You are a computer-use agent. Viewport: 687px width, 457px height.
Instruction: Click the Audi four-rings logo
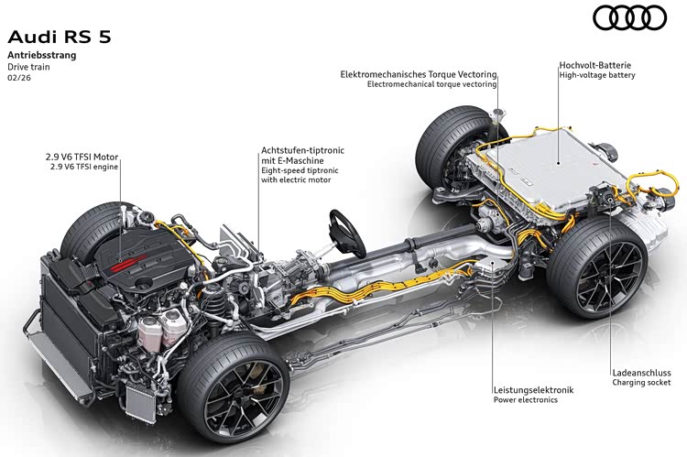pyautogui.click(x=629, y=17)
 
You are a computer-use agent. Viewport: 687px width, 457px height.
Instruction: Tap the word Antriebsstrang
pyautogui.click(x=42, y=55)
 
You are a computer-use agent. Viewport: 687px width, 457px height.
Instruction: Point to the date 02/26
pyautogui.click(x=18, y=79)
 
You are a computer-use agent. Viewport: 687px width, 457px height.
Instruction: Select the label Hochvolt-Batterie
pyautogui.click(x=596, y=66)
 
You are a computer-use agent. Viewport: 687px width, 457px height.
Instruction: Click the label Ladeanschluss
pyautogui.click(x=641, y=373)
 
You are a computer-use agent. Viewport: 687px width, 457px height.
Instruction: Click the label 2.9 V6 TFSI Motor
pyautogui.click(x=83, y=157)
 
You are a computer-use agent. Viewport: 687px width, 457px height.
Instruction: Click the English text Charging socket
pyautogui.click(x=643, y=384)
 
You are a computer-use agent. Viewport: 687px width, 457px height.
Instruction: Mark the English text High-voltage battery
pyautogui.click(x=596, y=76)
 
